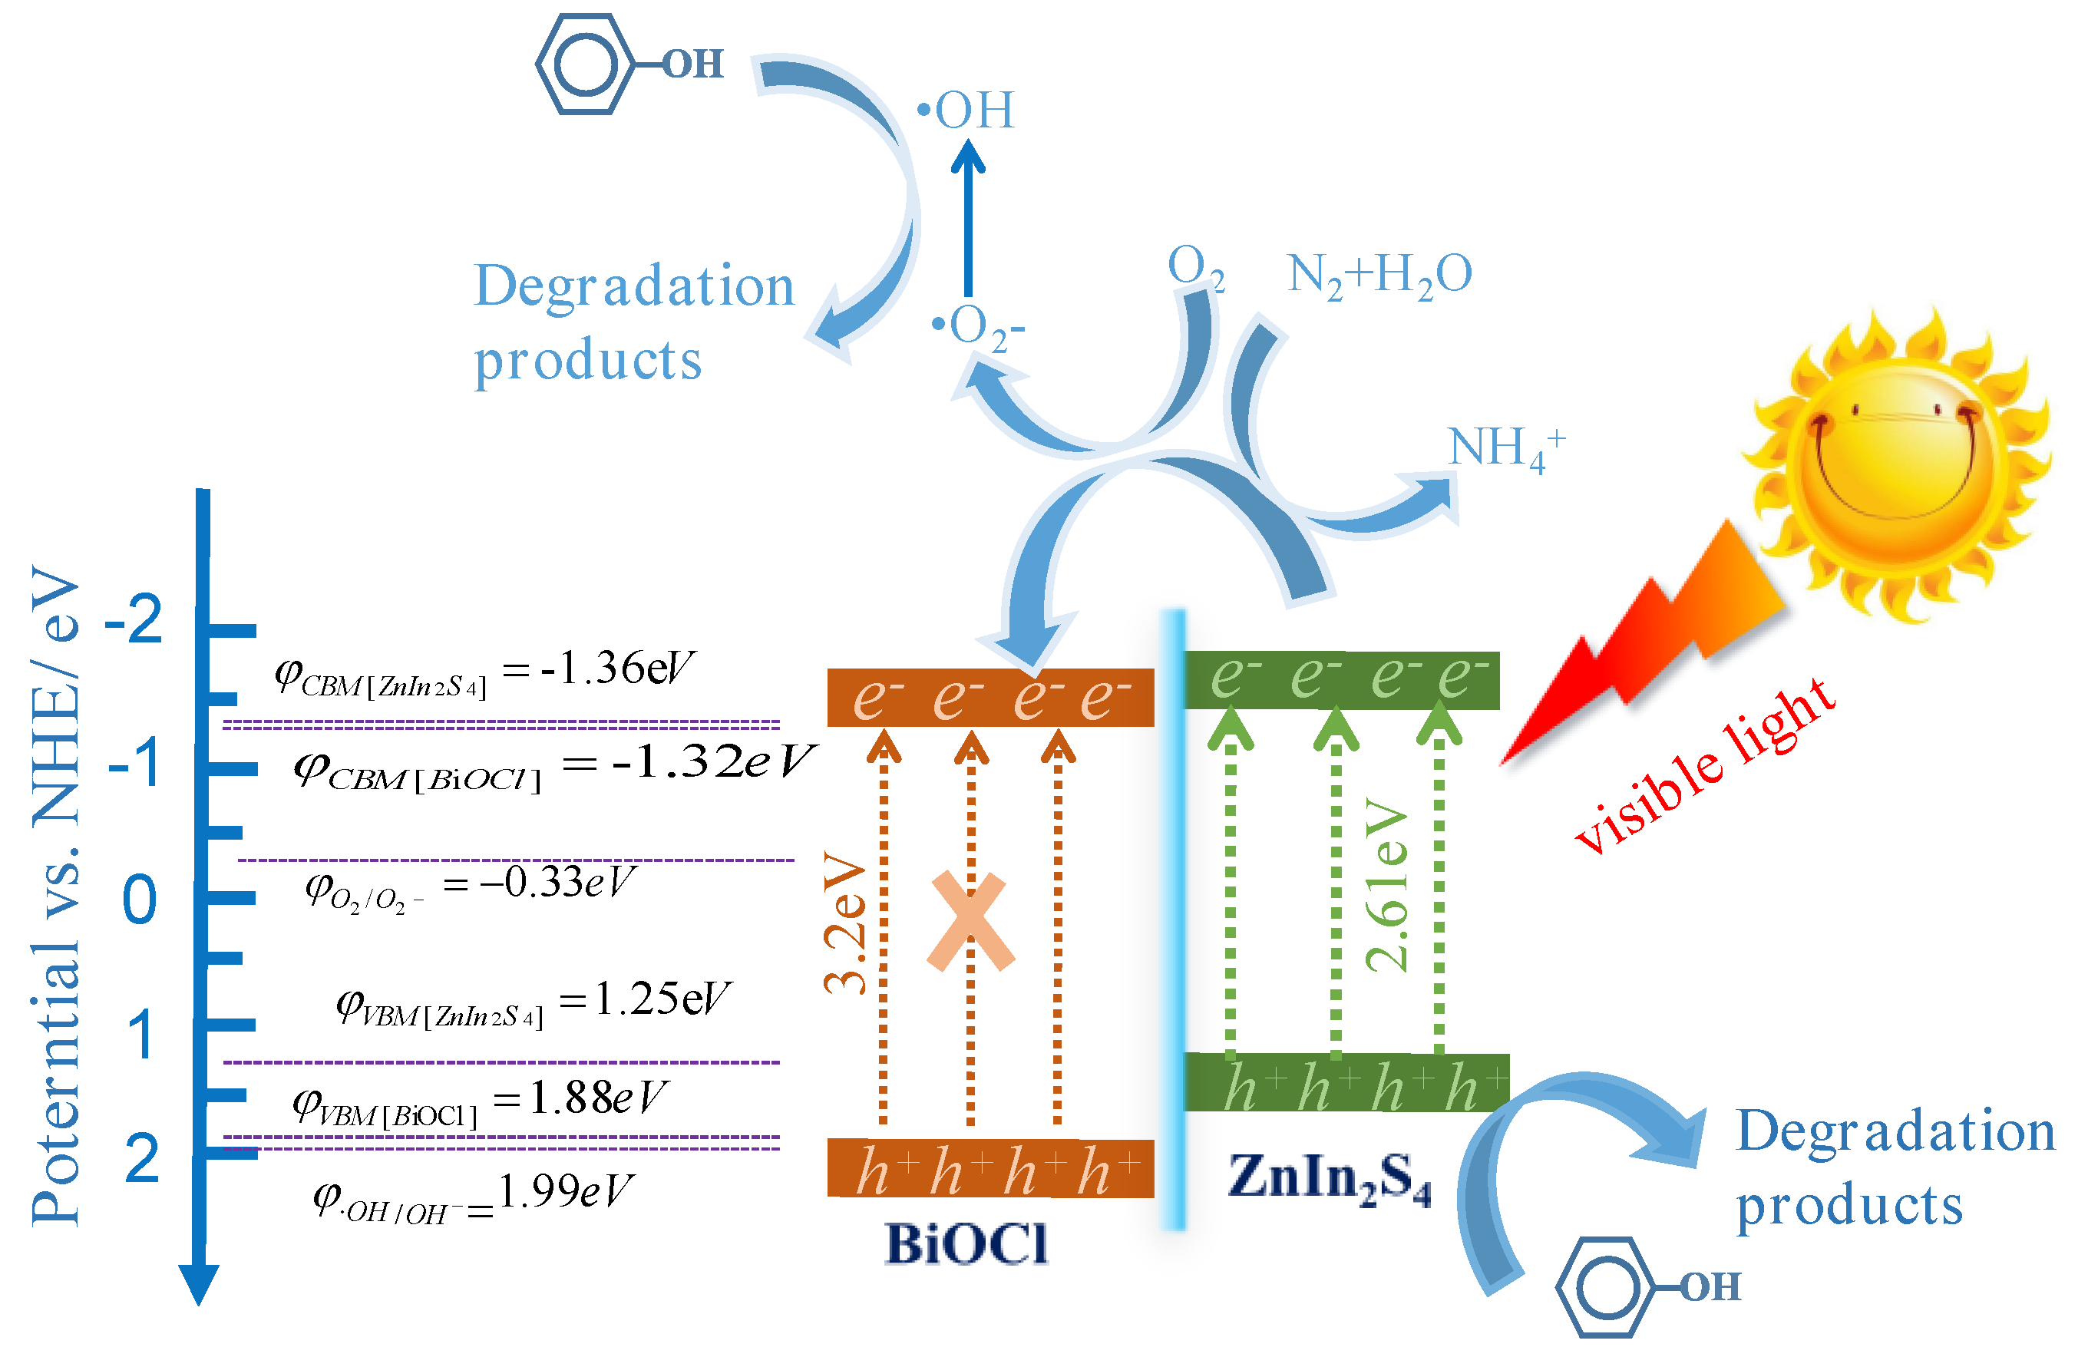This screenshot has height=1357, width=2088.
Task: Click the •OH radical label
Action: click(966, 111)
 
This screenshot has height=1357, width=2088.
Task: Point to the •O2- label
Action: click(978, 328)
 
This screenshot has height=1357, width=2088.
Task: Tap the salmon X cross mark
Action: click(970, 921)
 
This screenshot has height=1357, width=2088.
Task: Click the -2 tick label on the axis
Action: click(134, 619)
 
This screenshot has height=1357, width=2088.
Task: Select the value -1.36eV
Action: click(619, 669)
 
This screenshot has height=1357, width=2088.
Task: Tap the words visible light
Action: click(1702, 768)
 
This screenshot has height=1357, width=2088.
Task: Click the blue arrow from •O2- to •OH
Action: click(969, 220)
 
